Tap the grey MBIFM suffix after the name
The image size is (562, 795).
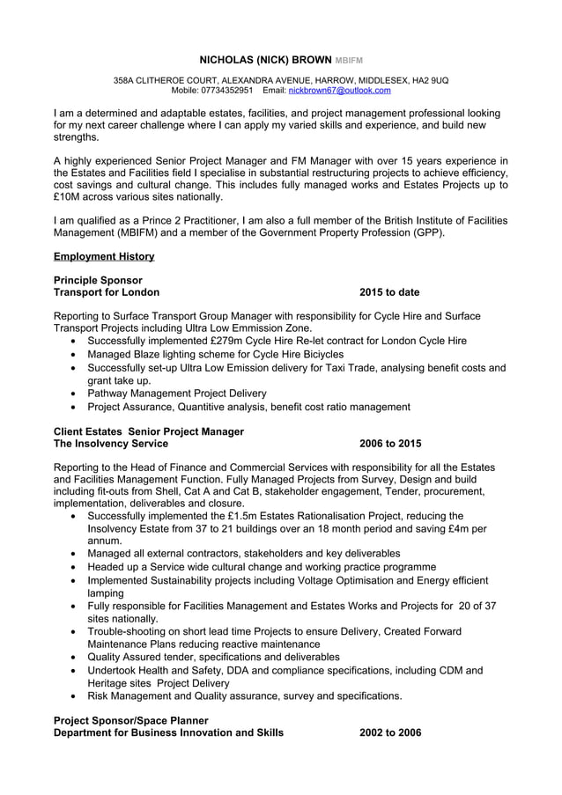point(348,61)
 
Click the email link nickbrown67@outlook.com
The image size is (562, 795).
point(339,90)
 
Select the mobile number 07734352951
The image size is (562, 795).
point(227,90)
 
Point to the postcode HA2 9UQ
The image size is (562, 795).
point(430,80)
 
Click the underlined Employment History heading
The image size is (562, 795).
point(104,256)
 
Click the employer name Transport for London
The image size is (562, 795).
point(107,292)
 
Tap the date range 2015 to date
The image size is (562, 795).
point(389,292)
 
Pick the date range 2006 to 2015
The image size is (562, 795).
point(390,444)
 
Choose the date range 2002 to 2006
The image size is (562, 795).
point(390,732)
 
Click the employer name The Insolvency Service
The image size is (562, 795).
point(111,444)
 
